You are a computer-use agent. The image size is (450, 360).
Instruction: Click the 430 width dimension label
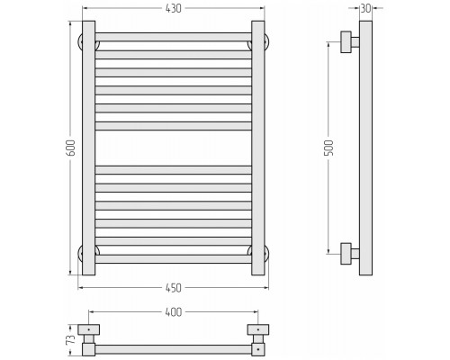tap(174, 8)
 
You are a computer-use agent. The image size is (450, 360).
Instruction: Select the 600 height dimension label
tap(71, 148)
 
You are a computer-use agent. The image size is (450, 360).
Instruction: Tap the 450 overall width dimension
tap(174, 288)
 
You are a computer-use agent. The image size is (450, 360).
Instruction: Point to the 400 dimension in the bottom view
tap(174, 312)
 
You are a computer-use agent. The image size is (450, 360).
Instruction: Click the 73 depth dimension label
tap(71, 340)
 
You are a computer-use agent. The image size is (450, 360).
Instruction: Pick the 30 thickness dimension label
tap(365, 9)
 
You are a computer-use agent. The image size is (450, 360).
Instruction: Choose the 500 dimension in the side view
tap(329, 148)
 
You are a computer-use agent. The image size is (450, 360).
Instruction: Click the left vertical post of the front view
tap(89, 148)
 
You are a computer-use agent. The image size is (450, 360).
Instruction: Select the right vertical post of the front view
tap(258, 148)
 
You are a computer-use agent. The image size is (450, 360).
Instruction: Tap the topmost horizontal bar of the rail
tap(174, 37)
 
